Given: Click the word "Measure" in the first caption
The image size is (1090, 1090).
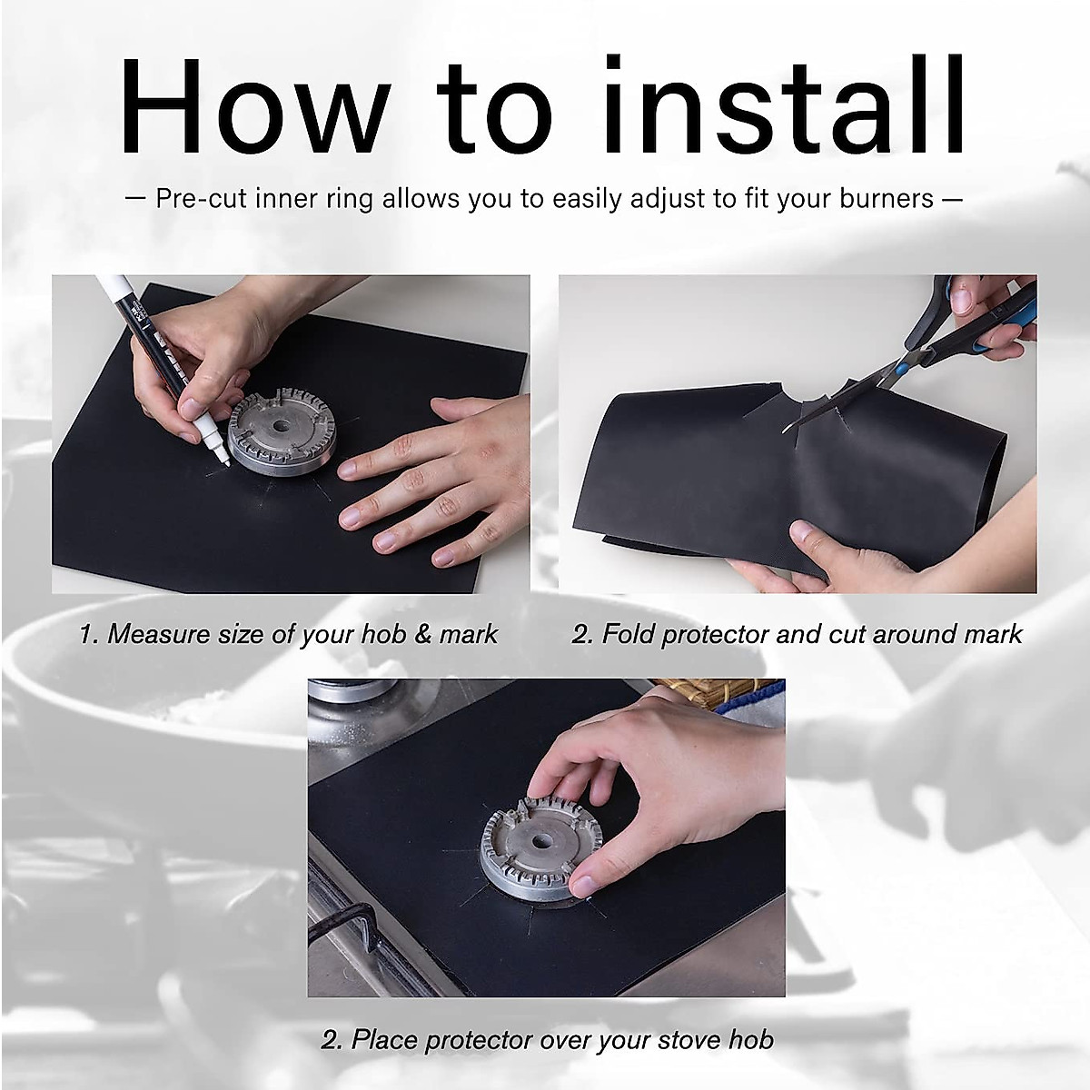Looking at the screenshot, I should [160, 633].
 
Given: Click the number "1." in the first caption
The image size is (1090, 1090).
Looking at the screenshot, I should [88, 633].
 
